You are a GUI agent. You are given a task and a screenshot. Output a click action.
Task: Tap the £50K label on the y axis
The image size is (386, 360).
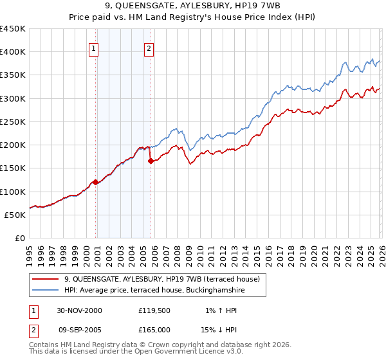(15, 215)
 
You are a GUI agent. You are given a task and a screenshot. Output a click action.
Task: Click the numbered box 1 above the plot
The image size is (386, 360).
(94, 48)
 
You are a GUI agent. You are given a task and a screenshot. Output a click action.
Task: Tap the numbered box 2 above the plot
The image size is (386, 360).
(149, 48)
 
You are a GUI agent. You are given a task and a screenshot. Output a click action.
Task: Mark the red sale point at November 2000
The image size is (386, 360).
(96, 182)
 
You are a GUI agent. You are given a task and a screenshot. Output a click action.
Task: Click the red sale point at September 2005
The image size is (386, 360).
(151, 161)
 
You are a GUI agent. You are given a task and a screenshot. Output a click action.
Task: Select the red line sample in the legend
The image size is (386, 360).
(46, 279)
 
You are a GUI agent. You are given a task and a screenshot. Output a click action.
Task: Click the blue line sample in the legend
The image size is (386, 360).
(46, 291)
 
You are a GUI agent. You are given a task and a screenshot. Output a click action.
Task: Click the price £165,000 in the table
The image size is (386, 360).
(154, 330)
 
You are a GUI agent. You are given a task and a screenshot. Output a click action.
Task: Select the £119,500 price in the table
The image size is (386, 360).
(154, 310)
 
